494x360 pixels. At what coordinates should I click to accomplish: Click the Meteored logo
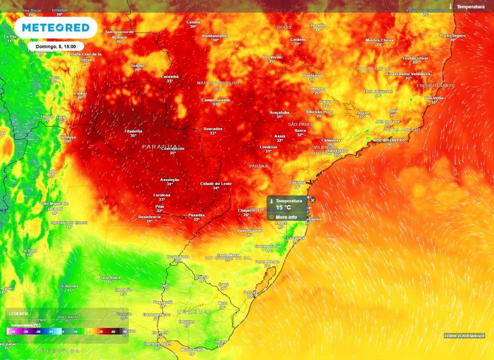pos(55,28)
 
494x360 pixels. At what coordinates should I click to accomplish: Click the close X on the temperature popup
pos(313,200)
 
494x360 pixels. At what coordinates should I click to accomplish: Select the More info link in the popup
pos(286,217)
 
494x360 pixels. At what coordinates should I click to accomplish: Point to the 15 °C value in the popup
pos(283,208)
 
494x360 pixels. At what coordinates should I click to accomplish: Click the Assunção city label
pos(169,180)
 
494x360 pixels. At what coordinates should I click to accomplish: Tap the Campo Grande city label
pos(216,100)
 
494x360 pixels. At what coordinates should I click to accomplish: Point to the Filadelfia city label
pos(133,131)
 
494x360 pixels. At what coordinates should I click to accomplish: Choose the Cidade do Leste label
pos(216,184)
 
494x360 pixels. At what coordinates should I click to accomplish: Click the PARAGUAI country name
pos(162,146)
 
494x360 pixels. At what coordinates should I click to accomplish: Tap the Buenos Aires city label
pos(158,343)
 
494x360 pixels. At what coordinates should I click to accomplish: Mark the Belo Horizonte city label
pos(379,91)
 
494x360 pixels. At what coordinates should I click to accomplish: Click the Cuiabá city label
pos(193,22)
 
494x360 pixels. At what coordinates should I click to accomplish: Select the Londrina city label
pos(268,146)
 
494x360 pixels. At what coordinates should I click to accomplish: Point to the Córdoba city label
pos(70,286)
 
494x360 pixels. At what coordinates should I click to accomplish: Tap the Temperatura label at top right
pos(470,7)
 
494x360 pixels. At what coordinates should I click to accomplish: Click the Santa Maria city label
pos(228,255)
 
